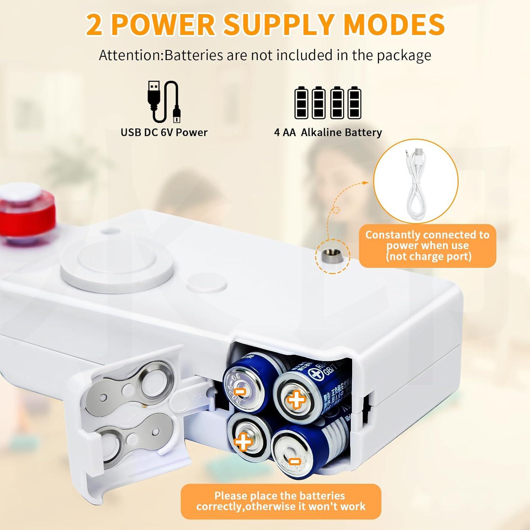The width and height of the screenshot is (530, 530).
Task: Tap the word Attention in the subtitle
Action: [x=130, y=55]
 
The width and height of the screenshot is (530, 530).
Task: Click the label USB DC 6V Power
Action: [x=164, y=132]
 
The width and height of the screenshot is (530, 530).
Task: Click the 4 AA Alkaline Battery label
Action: [x=328, y=132]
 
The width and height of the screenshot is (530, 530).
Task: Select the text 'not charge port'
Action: [x=429, y=256]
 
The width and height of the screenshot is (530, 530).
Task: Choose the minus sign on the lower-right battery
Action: [x=294, y=461]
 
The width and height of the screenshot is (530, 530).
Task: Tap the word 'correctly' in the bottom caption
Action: [x=218, y=506]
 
